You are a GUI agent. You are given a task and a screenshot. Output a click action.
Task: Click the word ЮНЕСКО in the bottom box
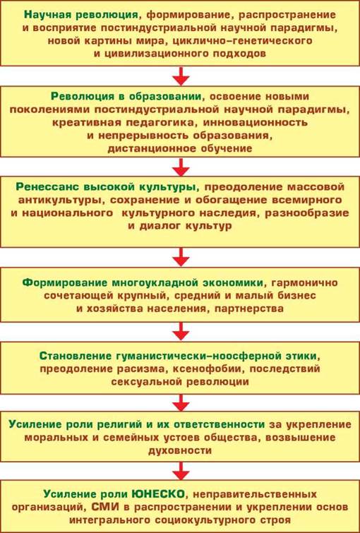pos(158,493)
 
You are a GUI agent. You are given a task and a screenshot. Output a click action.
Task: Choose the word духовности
pos(180,450)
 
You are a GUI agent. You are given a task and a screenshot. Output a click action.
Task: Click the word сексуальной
pos(145,381)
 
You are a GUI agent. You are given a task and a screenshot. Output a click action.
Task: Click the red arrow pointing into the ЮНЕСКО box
pos(181,470)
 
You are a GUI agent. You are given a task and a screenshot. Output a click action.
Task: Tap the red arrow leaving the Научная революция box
pos(181,76)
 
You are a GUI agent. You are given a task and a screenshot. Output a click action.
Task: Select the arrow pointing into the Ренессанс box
pos(181,167)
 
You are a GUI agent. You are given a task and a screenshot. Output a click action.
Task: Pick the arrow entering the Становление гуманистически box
pos(181,332)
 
